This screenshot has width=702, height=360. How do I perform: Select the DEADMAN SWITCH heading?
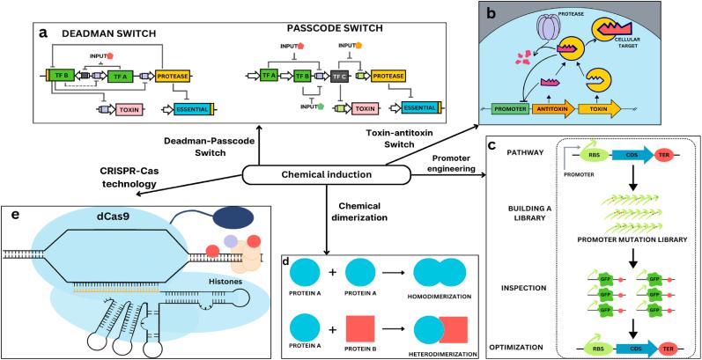click(100, 33)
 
